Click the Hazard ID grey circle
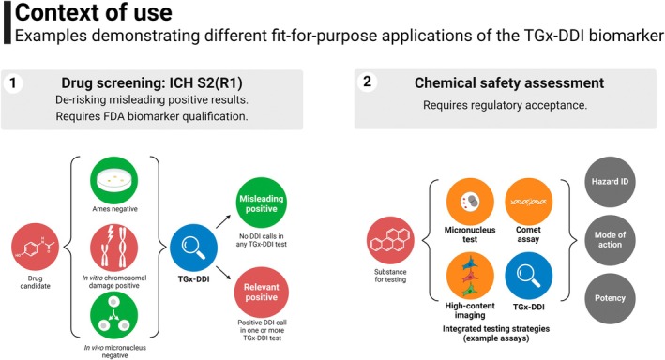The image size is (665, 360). [x=610, y=182]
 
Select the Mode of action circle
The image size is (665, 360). [x=610, y=240]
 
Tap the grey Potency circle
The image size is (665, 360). [x=610, y=298]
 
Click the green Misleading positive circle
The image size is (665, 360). [x=262, y=203]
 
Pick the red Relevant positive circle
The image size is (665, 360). [x=262, y=292]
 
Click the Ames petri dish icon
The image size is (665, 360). [x=114, y=180]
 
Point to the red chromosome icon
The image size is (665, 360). [x=114, y=247]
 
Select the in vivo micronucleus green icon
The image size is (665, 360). [x=114, y=316]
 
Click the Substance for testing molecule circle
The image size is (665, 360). [x=390, y=240]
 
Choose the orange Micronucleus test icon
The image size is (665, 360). [x=470, y=202]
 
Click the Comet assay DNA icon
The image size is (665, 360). [x=528, y=202]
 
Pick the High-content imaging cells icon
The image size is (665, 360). [x=470, y=276]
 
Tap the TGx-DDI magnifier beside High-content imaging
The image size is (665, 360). [x=528, y=276]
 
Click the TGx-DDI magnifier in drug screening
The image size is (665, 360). [x=194, y=247]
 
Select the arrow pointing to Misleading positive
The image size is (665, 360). [x=223, y=222]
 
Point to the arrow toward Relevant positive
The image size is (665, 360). [x=223, y=273]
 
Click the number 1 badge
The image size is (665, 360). [x=13, y=82]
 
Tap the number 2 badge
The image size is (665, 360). [x=367, y=82]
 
